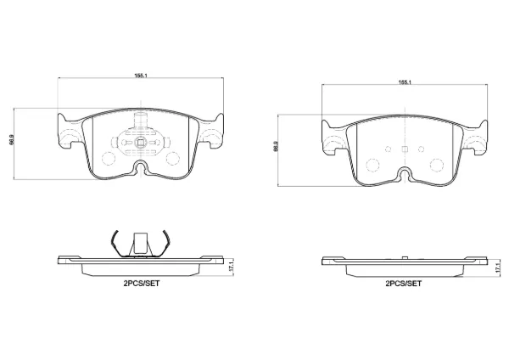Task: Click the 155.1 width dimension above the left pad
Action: tap(141, 76)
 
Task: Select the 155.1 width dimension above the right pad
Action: tap(405, 82)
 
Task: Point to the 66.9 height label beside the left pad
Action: tap(12, 139)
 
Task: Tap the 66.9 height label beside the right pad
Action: tap(276, 146)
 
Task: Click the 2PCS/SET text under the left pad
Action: tap(141, 284)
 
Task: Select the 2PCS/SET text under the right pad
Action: tap(404, 284)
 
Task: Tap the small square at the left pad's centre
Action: tap(141, 142)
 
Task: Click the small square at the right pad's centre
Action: tap(405, 149)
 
